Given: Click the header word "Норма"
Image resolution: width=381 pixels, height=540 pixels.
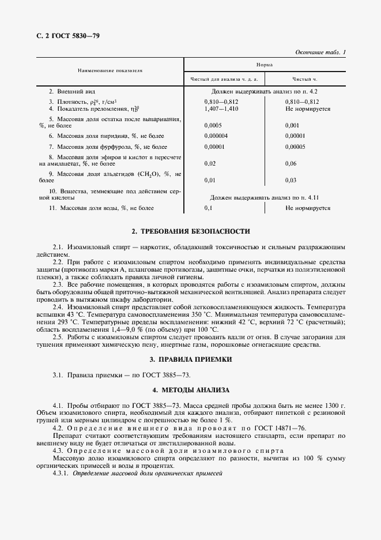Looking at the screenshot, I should [265, 65].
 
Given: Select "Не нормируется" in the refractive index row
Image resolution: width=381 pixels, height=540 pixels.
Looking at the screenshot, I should [308, 108].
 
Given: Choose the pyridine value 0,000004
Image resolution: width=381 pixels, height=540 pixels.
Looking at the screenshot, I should [216, 136].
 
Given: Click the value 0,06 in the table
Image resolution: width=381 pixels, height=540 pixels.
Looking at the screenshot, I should [291, 163].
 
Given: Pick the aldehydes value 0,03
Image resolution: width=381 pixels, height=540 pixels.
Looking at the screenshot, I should [291, 180].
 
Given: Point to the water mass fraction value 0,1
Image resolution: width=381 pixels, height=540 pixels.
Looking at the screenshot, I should [209, 208].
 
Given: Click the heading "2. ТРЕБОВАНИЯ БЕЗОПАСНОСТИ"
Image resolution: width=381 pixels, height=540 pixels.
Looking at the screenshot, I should [191, 231].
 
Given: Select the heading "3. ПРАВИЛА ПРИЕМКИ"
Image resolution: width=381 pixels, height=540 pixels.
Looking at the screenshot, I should [191, 359].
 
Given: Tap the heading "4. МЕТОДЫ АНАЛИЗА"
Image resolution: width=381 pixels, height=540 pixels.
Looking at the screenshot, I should [191, 390].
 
